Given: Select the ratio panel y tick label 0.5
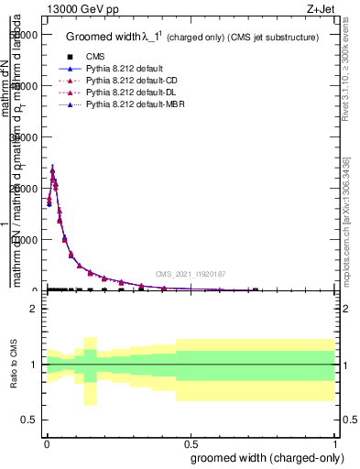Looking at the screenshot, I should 30,420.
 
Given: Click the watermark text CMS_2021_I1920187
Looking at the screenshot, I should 190,274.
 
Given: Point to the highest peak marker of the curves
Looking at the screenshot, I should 52,169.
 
